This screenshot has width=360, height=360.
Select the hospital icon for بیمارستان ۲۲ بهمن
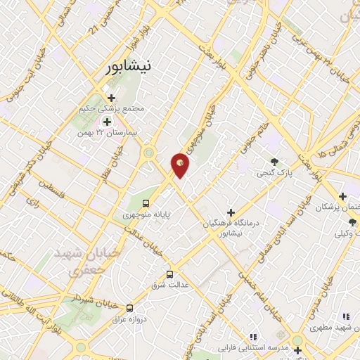[107, 121]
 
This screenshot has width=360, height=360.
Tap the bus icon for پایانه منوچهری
[146, 203]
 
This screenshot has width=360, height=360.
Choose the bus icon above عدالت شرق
[169, 274]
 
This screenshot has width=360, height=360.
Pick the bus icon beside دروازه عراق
[129, 308]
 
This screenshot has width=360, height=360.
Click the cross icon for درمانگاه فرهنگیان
[231, 212]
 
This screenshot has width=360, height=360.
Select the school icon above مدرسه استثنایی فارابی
[254, 337]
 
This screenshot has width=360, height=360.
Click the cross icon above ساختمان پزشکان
[342, 196]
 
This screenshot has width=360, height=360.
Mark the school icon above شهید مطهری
[345, 318]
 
